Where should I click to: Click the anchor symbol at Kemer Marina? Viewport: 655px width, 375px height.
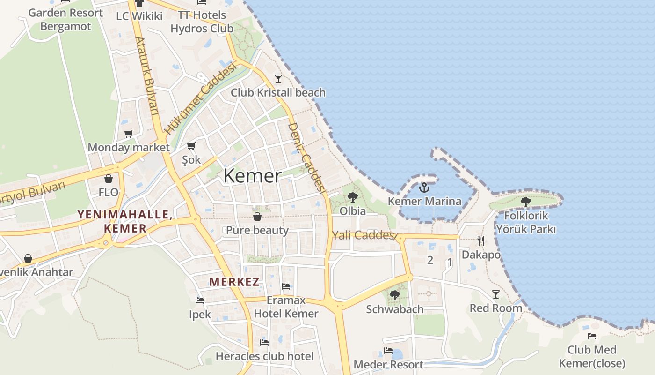click(x=424, y=187)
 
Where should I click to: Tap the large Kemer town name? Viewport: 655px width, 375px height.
click(x=253, y=176)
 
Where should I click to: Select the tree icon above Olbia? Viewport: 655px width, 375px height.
click(x=353, y=197)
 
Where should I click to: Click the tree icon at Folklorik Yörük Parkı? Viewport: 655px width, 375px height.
click(x=526, y=202)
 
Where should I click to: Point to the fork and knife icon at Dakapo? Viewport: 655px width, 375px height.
click(x=481, y=241)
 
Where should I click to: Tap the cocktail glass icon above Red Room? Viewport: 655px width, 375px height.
click(x=496, y=294)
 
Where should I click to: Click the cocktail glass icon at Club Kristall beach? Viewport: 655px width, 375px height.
click(x=278, y=78)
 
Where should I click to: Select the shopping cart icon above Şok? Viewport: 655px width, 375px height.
click(x=191, y=146)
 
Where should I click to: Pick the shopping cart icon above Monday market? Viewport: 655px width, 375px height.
click(x=129, y=134)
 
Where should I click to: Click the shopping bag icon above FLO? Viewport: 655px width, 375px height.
click(x=109, y=179)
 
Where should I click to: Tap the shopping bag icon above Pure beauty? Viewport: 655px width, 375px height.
click(x=257, y=217)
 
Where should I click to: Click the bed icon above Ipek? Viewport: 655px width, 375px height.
click(x=200, y=300)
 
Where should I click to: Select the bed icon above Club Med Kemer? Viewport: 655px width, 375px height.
click(x=592, y=336)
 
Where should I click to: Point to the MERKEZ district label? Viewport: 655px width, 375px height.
click(x=234, y=282)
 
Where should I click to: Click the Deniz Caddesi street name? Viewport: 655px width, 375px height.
click(x=306, y=157)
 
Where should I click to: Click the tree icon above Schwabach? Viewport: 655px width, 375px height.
click(x=395, y=295)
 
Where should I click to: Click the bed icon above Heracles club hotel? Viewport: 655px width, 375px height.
click(x=264, y=343)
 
